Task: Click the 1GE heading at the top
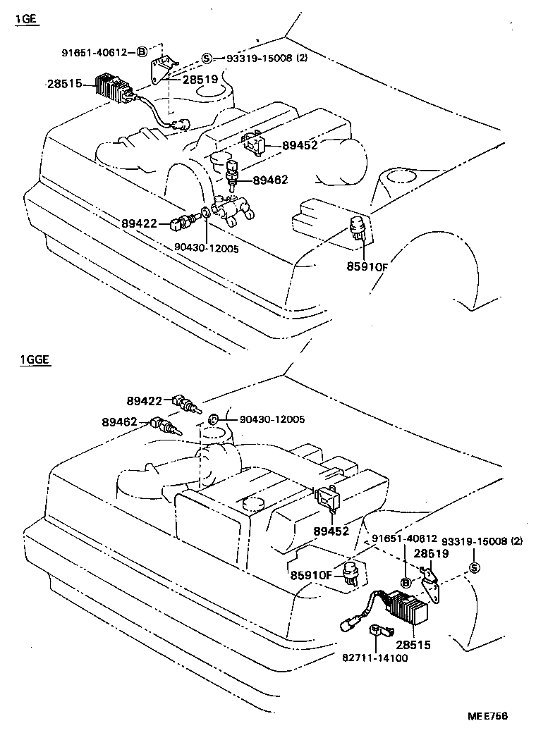[x=25, y=19]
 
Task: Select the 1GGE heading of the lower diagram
[x=30, y=360]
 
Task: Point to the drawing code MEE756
[x=487, y=716]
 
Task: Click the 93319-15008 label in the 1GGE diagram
[x=470, y=541]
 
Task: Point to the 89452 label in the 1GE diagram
[x=300, y=146]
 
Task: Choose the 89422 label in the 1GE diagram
[x=139, y=223]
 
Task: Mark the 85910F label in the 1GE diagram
[x=367, y=267]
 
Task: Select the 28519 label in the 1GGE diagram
[x=431, y=554]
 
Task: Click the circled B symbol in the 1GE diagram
[x=142, y=51]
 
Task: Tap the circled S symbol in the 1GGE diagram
[x=474, y=569]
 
